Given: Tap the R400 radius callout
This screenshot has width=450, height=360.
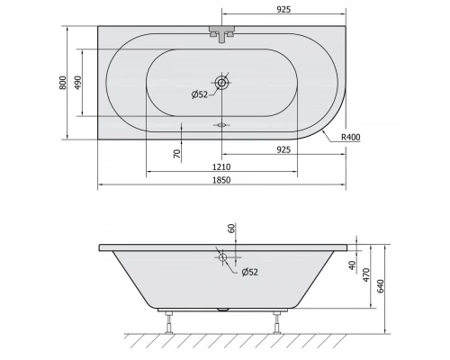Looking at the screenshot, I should click(352, 137).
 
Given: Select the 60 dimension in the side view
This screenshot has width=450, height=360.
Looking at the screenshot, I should click(231, 229).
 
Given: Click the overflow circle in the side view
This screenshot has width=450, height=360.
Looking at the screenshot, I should click(222, 257).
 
